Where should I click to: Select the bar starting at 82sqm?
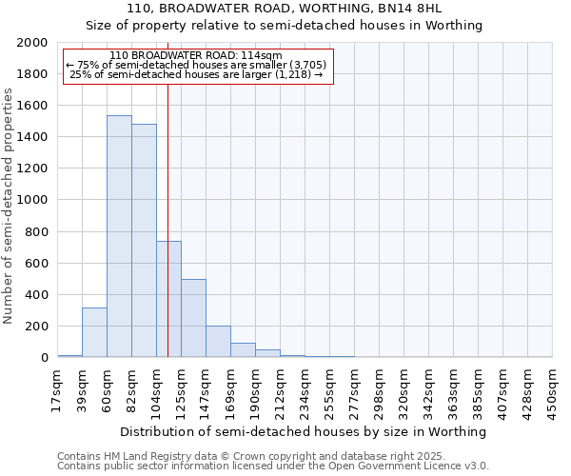click(144, 240)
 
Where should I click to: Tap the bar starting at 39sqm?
click(94, 332)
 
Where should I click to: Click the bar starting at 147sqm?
click(218, 341)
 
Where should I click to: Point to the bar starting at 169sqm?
click(243, 349)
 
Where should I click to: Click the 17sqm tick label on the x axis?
click(58, 389)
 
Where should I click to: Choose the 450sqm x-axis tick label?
click(553, 389)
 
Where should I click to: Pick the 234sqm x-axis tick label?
click(305, 389)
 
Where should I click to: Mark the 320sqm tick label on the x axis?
click(404, 389)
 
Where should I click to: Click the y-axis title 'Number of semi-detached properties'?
click(9, 206)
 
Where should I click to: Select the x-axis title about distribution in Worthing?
click(305, 431)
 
